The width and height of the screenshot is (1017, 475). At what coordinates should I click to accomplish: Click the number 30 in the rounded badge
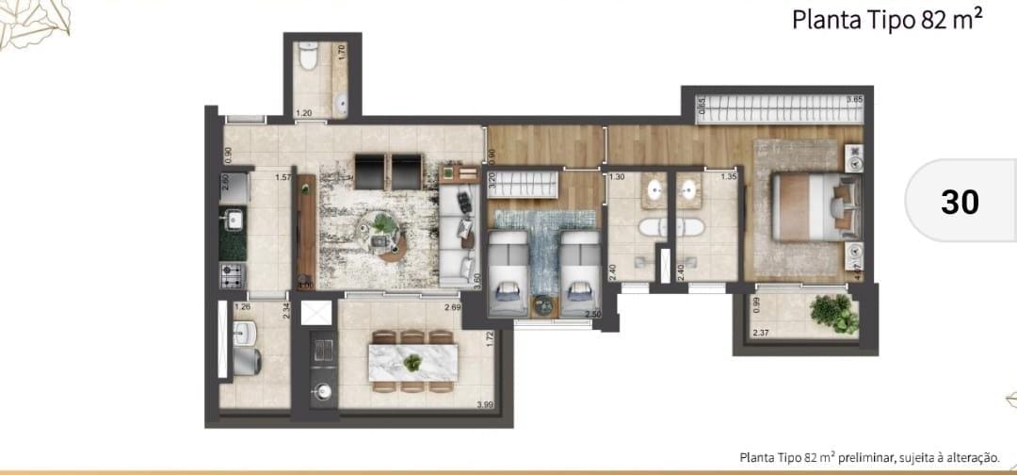[960, 202]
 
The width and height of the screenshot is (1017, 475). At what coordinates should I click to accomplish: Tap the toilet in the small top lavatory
[307, 59]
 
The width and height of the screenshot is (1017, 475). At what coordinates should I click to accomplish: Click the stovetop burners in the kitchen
[233, 275]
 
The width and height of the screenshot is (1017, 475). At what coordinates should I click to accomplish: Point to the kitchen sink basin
[233, 221]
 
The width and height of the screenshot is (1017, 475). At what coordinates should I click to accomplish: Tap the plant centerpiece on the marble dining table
[412, 361]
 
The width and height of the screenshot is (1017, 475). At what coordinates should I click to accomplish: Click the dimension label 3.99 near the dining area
[484, 405]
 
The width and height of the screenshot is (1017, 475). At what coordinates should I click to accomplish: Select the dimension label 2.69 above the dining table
[453, 307]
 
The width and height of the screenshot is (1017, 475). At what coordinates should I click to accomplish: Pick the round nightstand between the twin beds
[543, 304]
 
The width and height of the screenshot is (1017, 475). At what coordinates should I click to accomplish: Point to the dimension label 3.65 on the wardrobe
[854, 99]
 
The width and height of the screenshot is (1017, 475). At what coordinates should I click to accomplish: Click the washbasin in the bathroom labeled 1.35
[692, 190]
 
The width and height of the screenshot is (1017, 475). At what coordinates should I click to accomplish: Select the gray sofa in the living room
[459, 236]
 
